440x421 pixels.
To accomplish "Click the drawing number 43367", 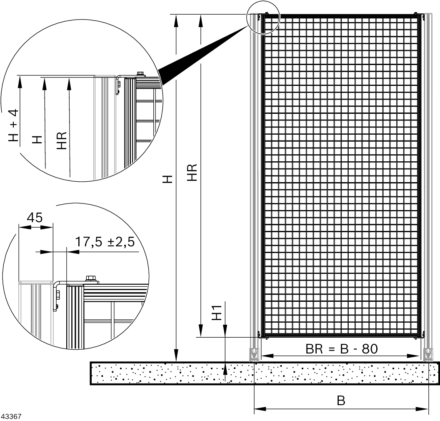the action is [11, 416].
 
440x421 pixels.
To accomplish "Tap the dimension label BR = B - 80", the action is [342, 349].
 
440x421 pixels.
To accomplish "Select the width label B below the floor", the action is [341, 401].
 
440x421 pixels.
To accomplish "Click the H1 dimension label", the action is [217, 313].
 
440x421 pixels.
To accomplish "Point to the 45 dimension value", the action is [35, 218].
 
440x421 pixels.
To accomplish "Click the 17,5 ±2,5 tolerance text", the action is [105, 242].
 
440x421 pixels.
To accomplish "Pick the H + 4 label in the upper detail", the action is [13, 125].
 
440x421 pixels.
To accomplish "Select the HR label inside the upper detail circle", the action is [62, 140].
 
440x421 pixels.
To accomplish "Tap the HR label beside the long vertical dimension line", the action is [192, 172].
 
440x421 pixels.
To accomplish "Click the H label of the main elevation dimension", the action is [168, 179].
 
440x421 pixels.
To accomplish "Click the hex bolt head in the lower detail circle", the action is [90, 279].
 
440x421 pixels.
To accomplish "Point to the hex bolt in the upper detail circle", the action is [140, 74].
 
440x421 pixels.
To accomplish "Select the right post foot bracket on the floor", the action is [428, 355].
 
